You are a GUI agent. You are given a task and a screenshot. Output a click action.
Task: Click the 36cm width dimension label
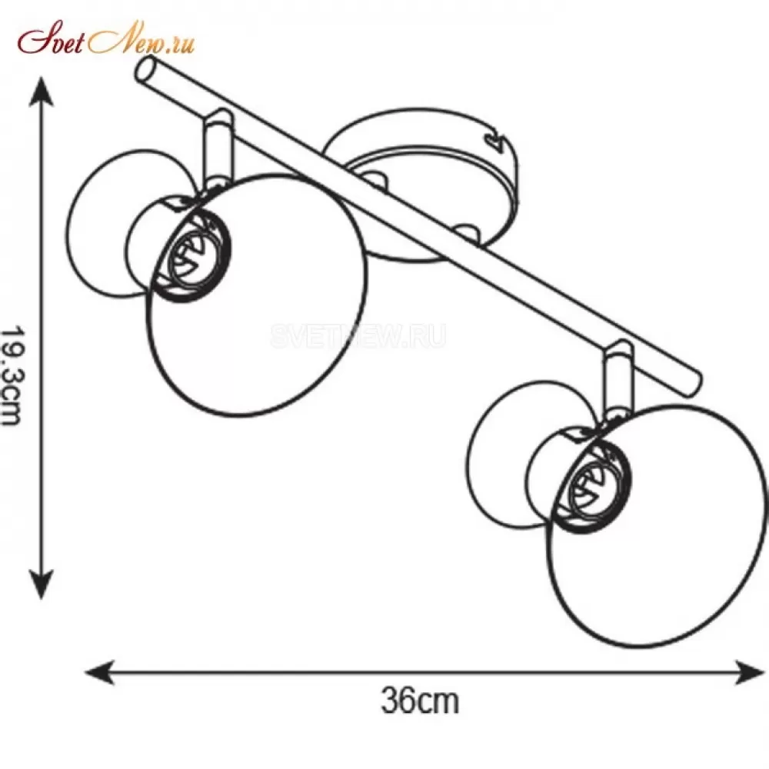click(421, 701)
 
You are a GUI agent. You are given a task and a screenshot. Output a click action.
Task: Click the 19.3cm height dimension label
click(12, 375)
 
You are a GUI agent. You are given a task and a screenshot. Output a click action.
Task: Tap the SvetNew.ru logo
click(106, 38)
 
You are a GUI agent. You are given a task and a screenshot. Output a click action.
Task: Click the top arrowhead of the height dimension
click(42, 92)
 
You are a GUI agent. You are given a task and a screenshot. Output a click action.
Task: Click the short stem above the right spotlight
click(618, 378)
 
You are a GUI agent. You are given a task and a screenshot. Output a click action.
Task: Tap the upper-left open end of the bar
click(145, 68)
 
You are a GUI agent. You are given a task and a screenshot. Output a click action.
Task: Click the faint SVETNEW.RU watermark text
click(358, 335)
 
